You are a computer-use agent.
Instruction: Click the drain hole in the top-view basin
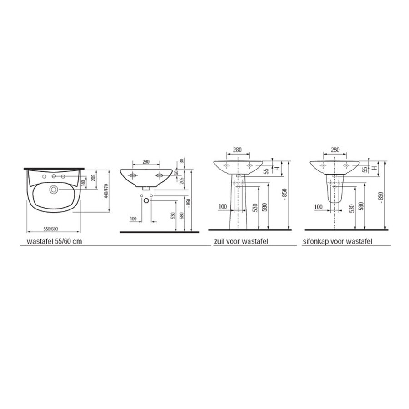point(54,190)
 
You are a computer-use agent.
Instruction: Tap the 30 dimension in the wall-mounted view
point(181,161)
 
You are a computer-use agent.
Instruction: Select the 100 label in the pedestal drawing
point(222,207)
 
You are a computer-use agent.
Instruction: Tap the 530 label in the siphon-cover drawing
point(351,208)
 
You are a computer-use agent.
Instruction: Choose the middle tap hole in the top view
point(54,176)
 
